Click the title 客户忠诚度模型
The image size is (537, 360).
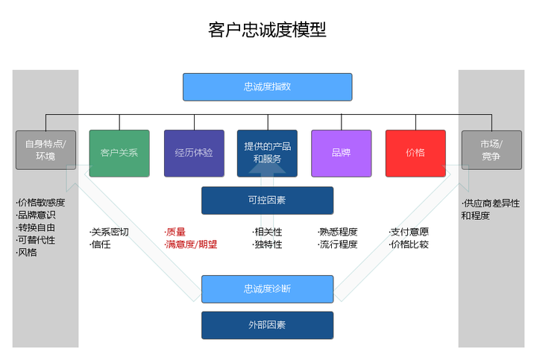(x=267, y=30)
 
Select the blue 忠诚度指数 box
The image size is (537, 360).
(x=267, y=87)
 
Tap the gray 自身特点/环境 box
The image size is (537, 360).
(x=45, y=150)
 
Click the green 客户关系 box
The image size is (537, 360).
(x=119, y=153)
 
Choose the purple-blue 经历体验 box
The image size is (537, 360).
(x=194, y=153)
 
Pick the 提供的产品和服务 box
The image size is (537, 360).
(x=267, y=153)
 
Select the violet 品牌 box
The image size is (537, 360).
(x=341, y=153)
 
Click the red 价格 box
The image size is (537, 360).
(x=415, y=153)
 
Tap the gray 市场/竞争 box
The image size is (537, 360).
(x=491, y=150)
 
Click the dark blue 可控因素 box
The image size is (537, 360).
(x=267, y=200)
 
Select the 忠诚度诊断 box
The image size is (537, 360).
(x=267, y=288)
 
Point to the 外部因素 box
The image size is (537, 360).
(x=267, y=325)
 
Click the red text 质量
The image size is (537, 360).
(x=176, y=232)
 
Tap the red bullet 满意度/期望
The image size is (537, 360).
(x=191, y=244)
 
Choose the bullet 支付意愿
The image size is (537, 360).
(x=409, y=232)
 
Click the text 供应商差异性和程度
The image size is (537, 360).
(x=490, y=209)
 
